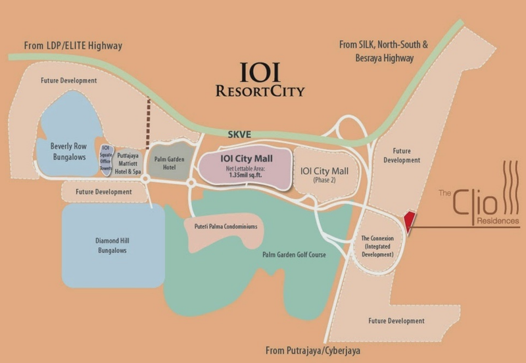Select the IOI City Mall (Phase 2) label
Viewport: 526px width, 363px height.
[324, 175]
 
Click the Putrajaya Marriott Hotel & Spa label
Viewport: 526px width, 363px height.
[129, 162]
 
